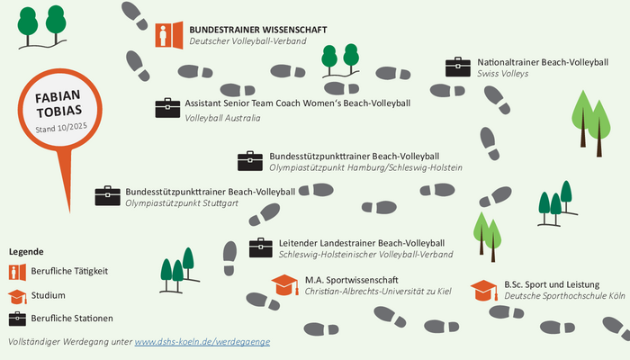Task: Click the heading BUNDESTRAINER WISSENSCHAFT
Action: click(x=257, y=29)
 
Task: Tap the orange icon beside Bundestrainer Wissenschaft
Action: click(x=167, y=34)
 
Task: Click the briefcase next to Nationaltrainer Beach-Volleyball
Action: click(x=458, y=67)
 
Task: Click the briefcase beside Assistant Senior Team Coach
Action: click(x=167, y=108)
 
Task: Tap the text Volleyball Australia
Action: click(x=222, y=118)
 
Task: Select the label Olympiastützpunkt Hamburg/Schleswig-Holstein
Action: click(x=365, y=168)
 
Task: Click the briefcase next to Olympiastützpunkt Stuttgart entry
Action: click(x=107, y=196)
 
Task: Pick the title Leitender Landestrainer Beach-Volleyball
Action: click(x=362, y=243)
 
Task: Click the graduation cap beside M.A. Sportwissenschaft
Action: click(x=284, y=284)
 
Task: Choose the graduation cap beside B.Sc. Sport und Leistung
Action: click(x=483, y=289)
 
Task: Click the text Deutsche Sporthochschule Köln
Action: click(x=564, y=296)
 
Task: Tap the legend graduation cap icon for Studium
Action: click(x=17, y=295)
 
